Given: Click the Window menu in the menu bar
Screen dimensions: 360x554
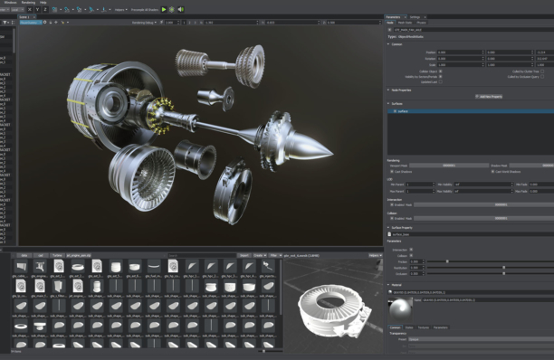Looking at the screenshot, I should pos(10,3).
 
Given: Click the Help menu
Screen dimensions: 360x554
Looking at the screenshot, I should pos(43,3).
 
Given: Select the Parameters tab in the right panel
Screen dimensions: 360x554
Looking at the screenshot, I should pos(393,16).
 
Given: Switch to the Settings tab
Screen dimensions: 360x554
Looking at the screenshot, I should pos(415,16).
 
